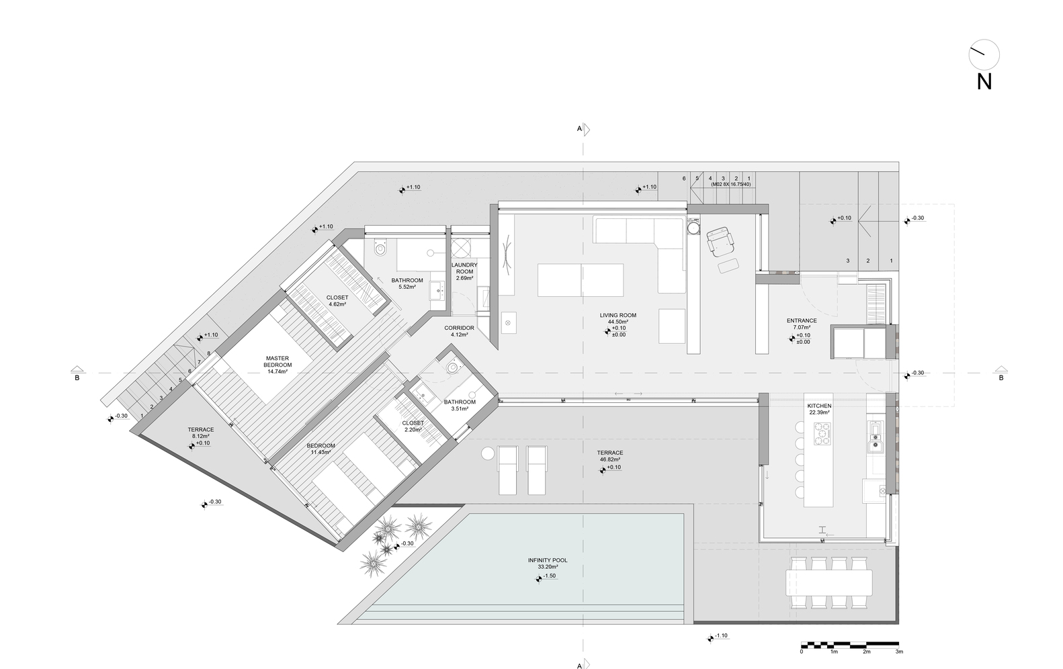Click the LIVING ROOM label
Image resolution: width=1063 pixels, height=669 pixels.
pyautogui.click(x=618, y=315)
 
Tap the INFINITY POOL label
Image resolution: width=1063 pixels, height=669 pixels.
pyautogui.click(x=548, y=560)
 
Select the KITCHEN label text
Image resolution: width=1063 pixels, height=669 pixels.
pyautogui.click(x=819, y=406)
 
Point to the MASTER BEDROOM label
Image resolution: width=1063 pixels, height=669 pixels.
pyautogui.click(x=278, y=361)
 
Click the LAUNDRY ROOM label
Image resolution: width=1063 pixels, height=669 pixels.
pyautogui.click(x=464, y=268)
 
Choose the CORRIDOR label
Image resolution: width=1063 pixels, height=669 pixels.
pyautogui.click(x=459, y=328)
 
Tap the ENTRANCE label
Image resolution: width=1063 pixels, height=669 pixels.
pyautogui.click(x=802, y=321)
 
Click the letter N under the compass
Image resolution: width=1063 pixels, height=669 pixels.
pyautogui.click(x=984, y=83)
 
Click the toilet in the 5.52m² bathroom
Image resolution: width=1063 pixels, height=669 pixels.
pyautogui.click(x=380, y=247)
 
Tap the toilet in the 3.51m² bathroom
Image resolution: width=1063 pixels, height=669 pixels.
pyautogui.click(x=452, y=366)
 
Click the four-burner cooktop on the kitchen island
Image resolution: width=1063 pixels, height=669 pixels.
pyautogui.click(x=822, y=433)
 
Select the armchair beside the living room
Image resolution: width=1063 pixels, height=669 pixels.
pyautogui.click(x=720, y=241)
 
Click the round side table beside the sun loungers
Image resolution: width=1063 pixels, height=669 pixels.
pyautogui.click(x=487, y=453)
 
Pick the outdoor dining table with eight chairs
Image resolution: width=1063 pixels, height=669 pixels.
pyautogui.click(x=828, y=583)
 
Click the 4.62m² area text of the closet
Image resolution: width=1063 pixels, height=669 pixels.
pyautogui.click(x=337, y=304)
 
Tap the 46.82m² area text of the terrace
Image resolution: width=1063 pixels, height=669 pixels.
pyautogui.click(x=610, y=459)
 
